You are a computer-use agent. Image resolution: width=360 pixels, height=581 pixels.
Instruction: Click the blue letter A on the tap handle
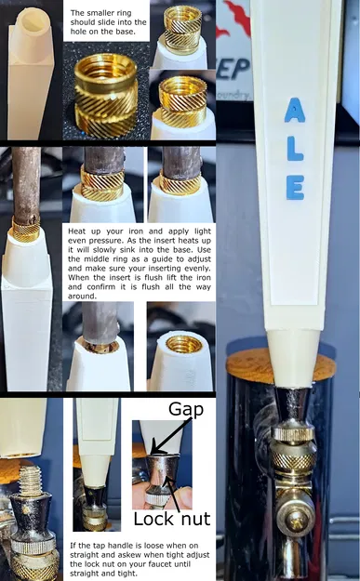[294, 112]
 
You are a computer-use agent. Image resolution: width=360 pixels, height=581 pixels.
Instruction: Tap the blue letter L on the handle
[294, 145]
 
